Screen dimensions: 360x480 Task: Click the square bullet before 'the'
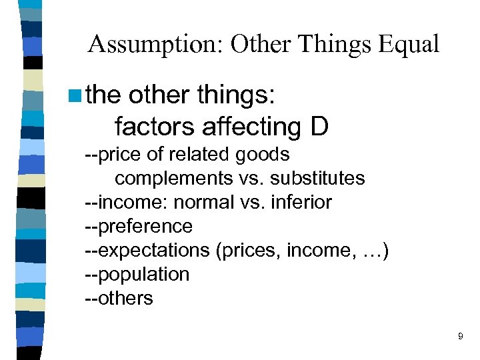pyautogui.click(x=75, y=95)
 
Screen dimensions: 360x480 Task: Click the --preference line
pyautogui.click(x=139, y=227)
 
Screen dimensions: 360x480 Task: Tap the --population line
pyautogui.click(x=137, y=275)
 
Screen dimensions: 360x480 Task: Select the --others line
pyautogui.click(x=119, y=298)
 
